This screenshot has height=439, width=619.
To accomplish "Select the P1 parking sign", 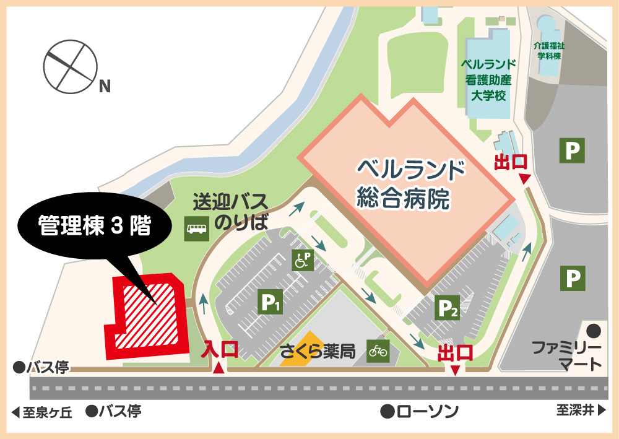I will pyautogui.click(x=270, y=302).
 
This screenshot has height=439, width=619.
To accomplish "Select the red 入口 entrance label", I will pyautogui.click(x=220, y=350).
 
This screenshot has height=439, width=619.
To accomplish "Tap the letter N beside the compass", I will pyautogui.click(x=105, y=87).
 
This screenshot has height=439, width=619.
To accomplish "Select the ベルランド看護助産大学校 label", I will pyautogui.click(x=488, y=80).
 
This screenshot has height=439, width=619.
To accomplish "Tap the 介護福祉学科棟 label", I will pyautogui.click(x=548, y=50).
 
